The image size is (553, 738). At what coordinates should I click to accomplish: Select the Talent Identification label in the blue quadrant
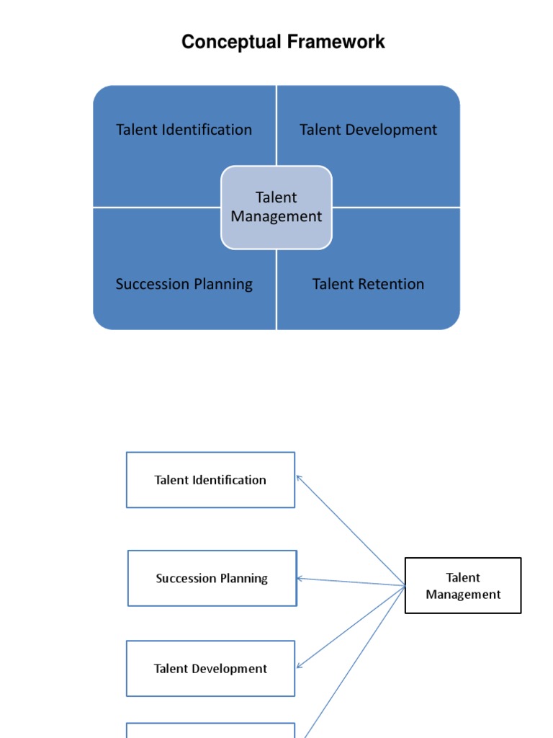184,130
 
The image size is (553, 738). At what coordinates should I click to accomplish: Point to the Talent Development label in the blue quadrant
368,130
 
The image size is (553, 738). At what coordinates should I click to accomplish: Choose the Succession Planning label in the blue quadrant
184,284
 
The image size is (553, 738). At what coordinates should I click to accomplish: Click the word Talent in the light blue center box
276,197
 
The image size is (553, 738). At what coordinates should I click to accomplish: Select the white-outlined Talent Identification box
210,480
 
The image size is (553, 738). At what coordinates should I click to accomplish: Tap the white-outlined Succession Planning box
212,578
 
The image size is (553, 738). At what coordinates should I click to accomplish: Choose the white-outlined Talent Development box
210,669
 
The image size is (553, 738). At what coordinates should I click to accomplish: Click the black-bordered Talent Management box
463,585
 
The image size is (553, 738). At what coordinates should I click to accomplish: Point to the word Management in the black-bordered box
463,595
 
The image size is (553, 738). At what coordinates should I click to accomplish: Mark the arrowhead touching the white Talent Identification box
299,477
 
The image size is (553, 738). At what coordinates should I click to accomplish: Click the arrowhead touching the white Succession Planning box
300,578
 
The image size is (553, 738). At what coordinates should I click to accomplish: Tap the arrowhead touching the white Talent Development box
300,665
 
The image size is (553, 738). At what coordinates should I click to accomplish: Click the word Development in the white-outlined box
230,669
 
